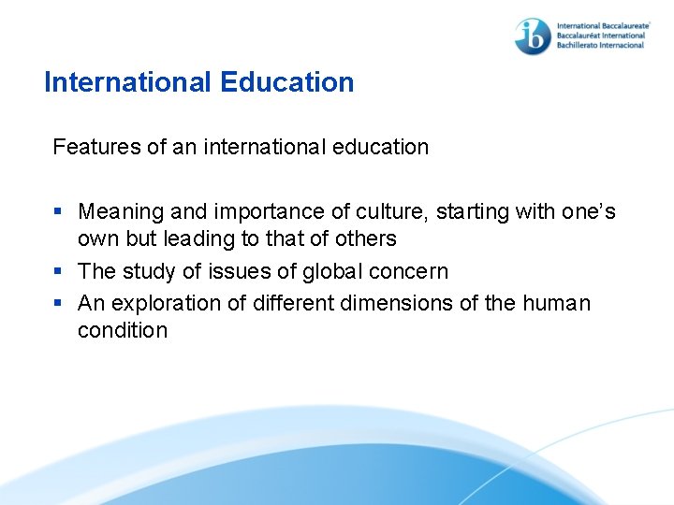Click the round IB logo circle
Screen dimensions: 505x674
533,36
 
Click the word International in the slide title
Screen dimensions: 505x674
128,82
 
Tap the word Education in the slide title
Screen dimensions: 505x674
287,82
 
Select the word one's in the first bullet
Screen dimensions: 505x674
588,212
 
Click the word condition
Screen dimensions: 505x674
123,330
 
